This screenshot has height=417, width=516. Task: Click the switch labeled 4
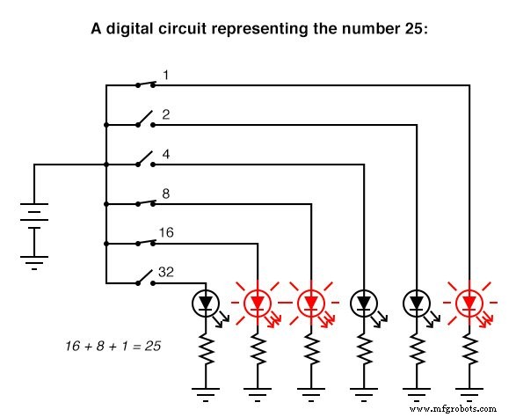click(x=146, y=161)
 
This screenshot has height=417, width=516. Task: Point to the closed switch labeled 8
click(x=146, y=203)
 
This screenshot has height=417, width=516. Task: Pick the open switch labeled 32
click(x=146, y=279)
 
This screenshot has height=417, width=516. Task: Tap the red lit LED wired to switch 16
click(x=257, y=304)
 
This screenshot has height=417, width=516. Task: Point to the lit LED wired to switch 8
click(x=309, y=304)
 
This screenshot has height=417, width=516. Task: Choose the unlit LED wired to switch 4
click(x=363, y=304)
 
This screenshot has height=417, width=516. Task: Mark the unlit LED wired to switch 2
click(x=416, y=304)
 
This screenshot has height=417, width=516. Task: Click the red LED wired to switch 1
click(x=469, y=304)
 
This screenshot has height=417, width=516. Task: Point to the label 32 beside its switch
click(x=166, y=273)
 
